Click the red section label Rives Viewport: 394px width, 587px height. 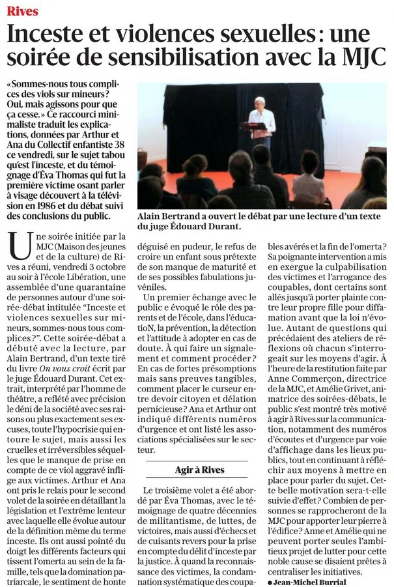(23, 11)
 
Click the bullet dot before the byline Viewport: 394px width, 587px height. (270, 581)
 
